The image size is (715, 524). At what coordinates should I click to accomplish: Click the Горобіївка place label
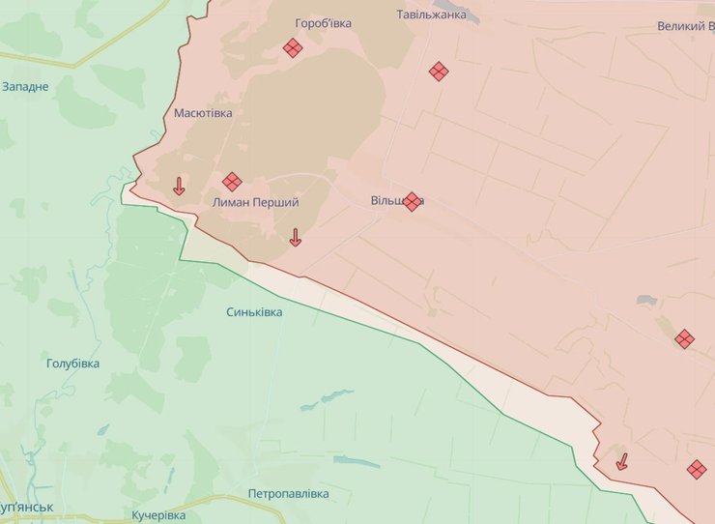click(x=324, y=22)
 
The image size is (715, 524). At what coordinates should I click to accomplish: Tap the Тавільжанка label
click(x=432, y=15)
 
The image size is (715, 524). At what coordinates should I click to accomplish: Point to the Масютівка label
click(x=203, y=113)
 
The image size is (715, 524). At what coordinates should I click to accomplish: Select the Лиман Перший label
click(x=255, y=203)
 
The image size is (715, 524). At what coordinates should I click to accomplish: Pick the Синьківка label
click(x=254, y=312)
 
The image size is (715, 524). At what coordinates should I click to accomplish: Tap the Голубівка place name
click(x=72, y=364)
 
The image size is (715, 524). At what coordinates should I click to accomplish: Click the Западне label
click(x=25, y=87)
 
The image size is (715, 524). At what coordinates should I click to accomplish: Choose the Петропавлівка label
click(x=288, y=493)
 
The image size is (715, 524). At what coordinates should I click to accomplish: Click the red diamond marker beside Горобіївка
click(x=293, y=47)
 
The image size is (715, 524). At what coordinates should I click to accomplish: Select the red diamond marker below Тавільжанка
click(x=439, y=71)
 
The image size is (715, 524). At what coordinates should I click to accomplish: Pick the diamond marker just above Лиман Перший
click(x=232, y=182)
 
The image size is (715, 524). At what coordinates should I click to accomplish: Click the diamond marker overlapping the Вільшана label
click(x=413, y=201)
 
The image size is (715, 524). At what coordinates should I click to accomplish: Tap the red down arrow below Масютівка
click(x=179, y=186)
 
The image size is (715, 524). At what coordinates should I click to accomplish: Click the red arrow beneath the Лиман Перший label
click(x=296, y=237)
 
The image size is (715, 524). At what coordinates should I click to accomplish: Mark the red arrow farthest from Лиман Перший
click(x=622, y=461)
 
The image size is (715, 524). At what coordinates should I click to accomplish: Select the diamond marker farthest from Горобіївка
click(x=697, y=470)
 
